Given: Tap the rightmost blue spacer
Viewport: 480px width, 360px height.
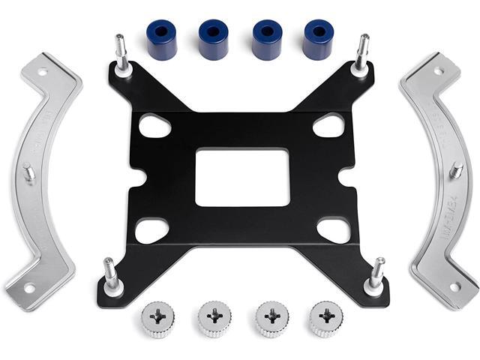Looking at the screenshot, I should coord(319,38).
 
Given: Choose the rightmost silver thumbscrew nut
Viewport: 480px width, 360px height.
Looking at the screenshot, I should coord(324,319).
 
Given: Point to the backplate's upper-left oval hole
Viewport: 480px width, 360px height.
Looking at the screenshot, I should coord(154,124).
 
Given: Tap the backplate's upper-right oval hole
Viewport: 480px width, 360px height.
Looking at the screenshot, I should coord(328,124).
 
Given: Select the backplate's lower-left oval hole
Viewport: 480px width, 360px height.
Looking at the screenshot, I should coord(152,229).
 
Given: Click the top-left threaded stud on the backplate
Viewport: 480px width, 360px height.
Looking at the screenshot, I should coord(121,53).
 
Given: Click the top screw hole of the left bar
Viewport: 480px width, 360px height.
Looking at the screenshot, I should coord(42,72).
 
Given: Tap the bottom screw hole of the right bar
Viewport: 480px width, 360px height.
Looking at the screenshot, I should coord(453,286).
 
